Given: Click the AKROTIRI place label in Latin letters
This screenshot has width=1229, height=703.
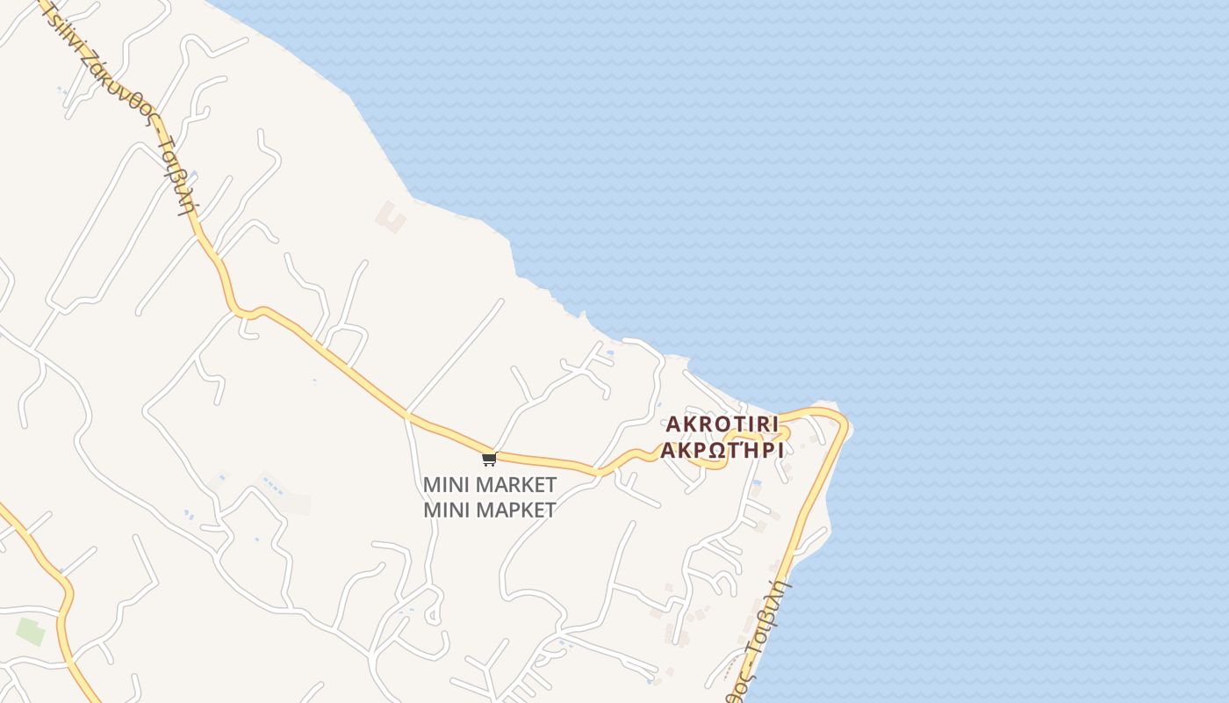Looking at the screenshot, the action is [x=722, y=424].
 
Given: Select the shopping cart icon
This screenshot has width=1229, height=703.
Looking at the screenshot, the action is [x=489, y=459].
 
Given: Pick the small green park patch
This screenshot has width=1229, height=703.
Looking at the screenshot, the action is [x=30, y=631].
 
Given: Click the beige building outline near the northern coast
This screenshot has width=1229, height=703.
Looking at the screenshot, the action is [x=391, y=216].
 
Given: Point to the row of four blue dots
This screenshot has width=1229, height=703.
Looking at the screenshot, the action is [x=273, y=485].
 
